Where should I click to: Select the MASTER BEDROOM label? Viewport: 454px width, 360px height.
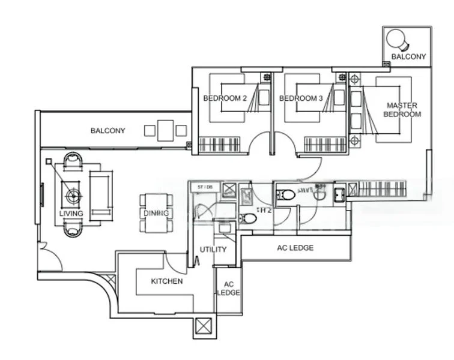[402, 110]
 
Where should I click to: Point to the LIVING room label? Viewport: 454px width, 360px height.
[71, 214]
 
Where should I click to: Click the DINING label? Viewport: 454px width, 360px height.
[156, 213]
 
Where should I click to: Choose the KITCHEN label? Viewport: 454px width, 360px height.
[167, 281]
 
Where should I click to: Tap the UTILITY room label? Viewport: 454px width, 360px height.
[213, 250]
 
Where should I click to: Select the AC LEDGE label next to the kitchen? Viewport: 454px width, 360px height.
[228, 289]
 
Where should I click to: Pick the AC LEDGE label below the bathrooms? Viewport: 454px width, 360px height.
[295, 247]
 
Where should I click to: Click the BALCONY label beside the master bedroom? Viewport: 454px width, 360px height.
[408, 57]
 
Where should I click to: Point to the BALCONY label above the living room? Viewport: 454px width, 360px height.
[107, 130]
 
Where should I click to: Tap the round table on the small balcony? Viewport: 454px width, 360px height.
[397, 40]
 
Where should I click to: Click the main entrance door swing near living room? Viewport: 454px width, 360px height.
[49, 258]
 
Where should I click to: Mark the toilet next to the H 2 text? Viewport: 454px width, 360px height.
[248, 218]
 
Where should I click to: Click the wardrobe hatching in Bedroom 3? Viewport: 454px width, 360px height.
[325, 145]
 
